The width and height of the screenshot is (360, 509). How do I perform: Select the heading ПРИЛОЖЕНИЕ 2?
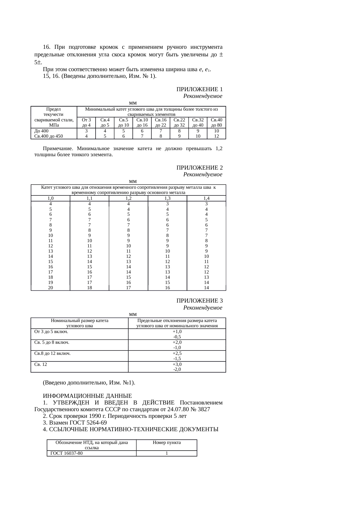[x=199, y=168]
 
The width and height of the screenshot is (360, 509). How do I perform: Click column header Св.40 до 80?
[x=216, y=123]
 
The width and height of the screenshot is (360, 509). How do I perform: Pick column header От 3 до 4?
[x=86, y=123]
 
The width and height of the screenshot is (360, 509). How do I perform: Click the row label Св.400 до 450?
[x=48, y=136]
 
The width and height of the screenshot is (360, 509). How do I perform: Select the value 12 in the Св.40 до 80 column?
[x=216, y=136]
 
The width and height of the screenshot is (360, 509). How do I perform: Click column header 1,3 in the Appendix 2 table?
[x=167, y=198]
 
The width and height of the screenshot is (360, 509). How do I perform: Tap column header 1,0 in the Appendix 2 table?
[x=51, y=198]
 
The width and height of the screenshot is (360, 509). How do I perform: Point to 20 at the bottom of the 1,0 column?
[x=51, y=288]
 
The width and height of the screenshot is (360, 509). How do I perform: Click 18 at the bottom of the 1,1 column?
[x=89, y=288]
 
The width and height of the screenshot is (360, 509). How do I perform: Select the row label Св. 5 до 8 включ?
[x=52, y=342]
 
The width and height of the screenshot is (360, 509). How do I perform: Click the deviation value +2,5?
[x=177, y=353]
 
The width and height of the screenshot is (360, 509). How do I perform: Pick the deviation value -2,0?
[x=177, y=369]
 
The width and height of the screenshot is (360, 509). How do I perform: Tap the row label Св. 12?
[x=41, y=364]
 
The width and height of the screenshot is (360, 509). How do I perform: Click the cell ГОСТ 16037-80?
[x=66, y=453]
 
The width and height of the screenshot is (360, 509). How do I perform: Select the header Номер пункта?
[x=167, y=443]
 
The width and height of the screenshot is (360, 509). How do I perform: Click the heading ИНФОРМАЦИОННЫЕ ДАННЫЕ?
[x=87, y=396]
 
